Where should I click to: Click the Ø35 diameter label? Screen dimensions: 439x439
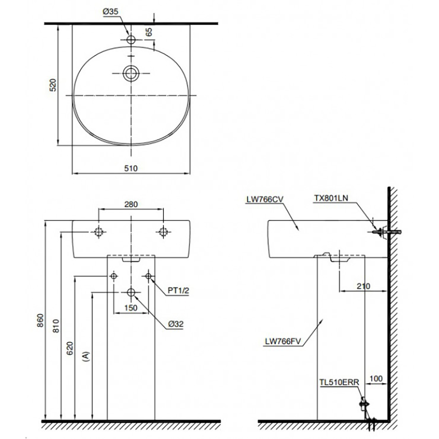111,13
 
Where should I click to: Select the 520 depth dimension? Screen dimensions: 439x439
52,85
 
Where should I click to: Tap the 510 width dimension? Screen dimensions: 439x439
131,168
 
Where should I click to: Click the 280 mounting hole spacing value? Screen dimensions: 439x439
131,204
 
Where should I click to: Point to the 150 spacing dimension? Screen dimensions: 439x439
131,308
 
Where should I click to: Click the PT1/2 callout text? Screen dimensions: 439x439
178,291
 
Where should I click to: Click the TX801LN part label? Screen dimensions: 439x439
330,198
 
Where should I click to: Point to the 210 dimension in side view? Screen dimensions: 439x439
363,286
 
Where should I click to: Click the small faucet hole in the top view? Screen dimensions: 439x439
131,40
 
